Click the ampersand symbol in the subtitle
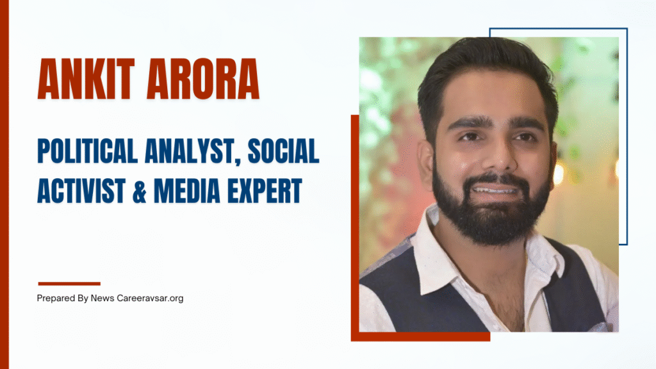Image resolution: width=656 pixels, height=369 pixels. click(x=136, y=191)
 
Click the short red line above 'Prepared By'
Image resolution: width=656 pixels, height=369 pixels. click(x=69, y=283)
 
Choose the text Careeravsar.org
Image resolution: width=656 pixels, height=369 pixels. click(x=151, y=299)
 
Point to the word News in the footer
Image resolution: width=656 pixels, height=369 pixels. click(x=102, y=299)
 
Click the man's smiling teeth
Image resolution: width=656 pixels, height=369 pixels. click(x=495, y=190)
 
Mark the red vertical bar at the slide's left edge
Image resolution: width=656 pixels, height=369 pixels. click(x=4, y=184)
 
